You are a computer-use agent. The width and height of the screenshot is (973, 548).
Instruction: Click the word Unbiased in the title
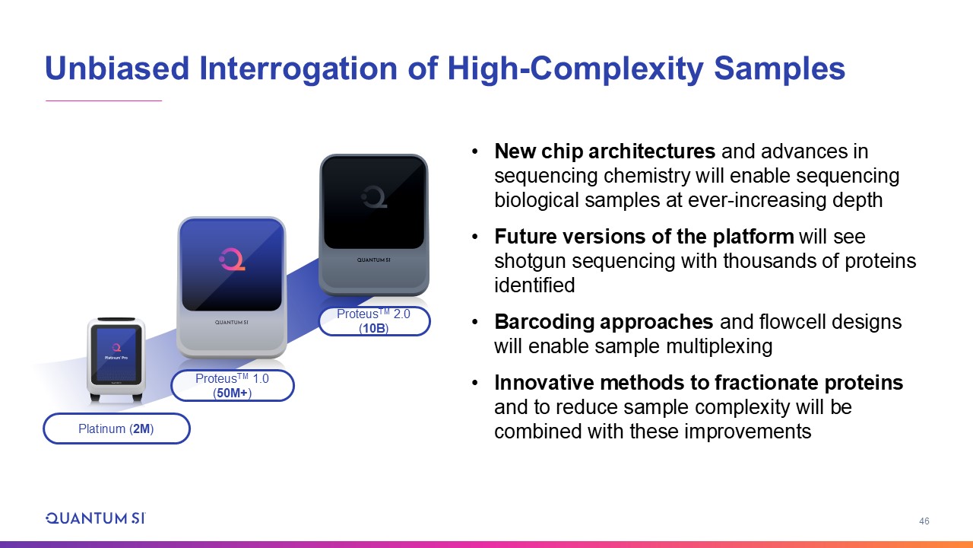click(117, 68)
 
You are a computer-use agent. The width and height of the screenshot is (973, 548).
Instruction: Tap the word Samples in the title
click(779, 69)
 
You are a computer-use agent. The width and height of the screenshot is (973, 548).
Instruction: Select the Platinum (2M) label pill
click(116, 429)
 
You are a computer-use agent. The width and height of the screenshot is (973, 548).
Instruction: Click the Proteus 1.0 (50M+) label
click(233, 385)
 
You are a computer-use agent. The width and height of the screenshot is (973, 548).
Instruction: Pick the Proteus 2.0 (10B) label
click(374, 321)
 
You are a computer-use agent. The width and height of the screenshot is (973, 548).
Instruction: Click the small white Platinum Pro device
click(116, 360)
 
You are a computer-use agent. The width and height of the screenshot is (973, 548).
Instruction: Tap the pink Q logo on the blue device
click(232, 260)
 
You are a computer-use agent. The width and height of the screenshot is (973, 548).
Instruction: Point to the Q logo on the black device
click(373, 196)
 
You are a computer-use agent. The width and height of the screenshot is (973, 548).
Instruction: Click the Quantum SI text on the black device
click(373, 260)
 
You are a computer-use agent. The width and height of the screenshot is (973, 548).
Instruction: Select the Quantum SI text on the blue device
click(232, 323)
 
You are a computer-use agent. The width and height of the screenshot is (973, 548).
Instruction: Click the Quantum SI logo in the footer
click(96, 518)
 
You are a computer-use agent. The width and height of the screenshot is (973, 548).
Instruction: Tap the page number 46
click(924, 521)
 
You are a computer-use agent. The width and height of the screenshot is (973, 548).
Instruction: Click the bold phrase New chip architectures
click(604, 151)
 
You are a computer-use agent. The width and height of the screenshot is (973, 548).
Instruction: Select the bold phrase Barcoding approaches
click(604, 322)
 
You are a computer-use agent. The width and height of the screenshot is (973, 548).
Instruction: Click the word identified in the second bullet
click(534, 285)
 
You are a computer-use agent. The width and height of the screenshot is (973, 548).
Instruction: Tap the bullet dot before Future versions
click(475, 237)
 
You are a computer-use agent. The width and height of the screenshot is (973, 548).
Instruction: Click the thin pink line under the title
click(104, 100)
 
